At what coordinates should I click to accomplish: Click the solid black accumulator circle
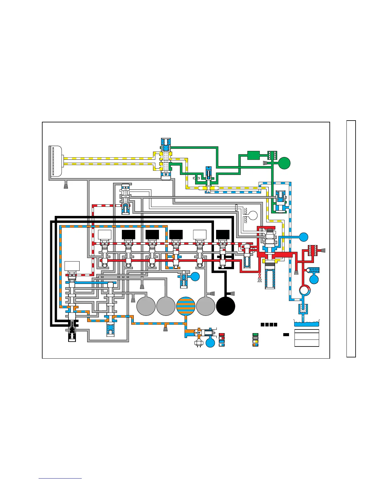(226, 306)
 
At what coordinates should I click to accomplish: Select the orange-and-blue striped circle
(186, 306)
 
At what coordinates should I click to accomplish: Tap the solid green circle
(284, 163)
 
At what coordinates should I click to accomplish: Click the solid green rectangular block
(253, 155)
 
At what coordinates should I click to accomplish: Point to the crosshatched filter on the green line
(271, 155)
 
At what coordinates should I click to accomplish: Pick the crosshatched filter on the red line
(312, 250)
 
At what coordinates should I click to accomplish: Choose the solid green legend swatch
(255, 335)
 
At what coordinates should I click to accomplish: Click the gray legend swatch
(255, 338)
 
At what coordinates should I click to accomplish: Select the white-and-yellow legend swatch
(255, 341)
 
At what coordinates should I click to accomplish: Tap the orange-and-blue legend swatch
(255, 345)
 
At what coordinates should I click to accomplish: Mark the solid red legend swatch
(222, 335)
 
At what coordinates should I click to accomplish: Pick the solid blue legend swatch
(222, 341)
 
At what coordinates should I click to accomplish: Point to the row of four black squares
(269, 325)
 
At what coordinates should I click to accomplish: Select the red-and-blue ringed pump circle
(304, 290)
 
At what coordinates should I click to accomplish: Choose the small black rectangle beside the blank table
(286, 335)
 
